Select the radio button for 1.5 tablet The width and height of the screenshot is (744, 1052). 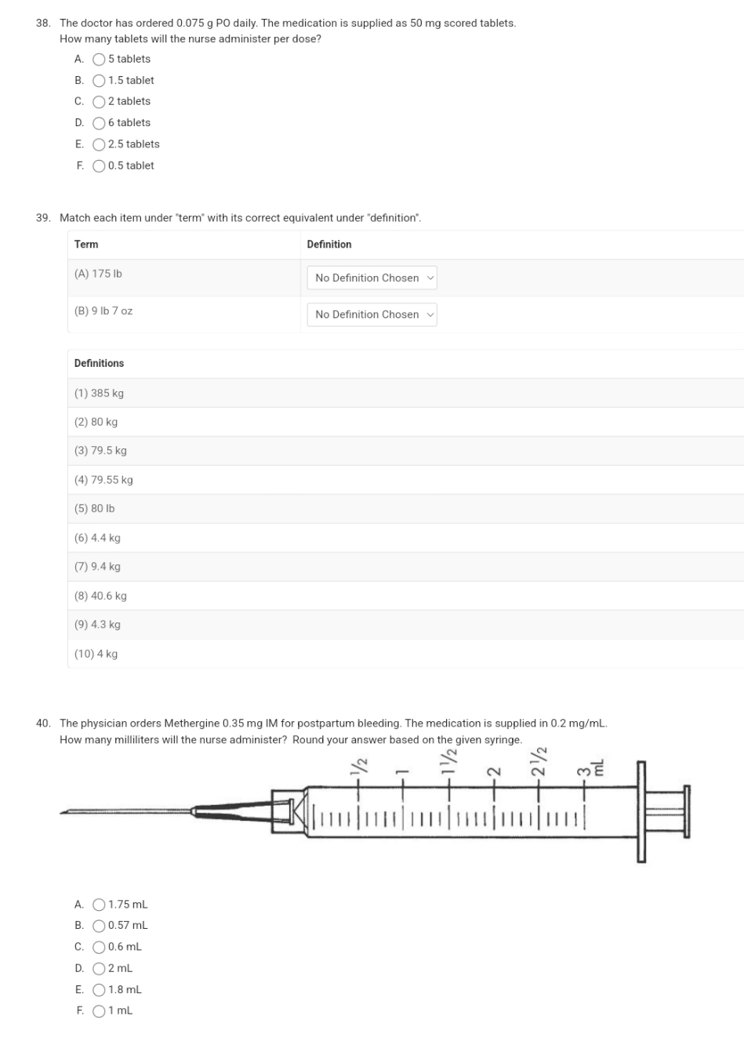[x=100, y=81]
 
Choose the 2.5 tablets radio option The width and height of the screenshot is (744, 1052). [x=100, y=144]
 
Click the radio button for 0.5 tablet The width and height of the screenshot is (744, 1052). [x=100, y=166]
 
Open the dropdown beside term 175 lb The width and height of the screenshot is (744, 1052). [x=372, y=278]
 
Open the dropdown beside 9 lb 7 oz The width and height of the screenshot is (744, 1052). [x=372, y=315]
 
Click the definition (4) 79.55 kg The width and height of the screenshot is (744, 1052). [x=103, y=480]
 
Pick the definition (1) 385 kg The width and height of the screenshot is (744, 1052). [x=99, y=394]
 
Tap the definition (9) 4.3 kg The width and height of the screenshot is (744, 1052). [x=97, y=625]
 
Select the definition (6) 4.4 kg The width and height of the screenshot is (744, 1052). [x=97, y=538]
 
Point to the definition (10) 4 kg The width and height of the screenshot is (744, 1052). [x=96, y=654]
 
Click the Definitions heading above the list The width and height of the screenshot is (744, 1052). [x=99, y=364]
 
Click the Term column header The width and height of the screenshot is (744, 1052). [x=86, y=245]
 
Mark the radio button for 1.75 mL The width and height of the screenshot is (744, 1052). [x=100, y=905]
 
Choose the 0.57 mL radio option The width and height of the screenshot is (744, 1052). [x=100, y=926]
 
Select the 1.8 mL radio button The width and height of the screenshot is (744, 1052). [x=100, y=990]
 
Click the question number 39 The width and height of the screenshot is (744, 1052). [x=44, y=218]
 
